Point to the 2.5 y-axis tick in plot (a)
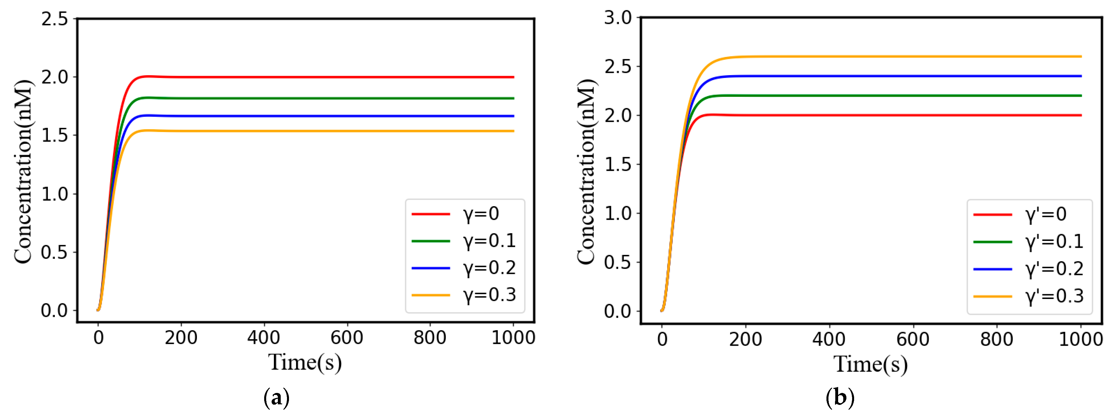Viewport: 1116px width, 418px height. [55, 19]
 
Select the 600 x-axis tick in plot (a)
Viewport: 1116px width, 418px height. [347, 337]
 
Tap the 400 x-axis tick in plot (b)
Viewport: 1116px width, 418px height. [829, 339]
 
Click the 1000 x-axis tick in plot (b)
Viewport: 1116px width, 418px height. [1080, 339]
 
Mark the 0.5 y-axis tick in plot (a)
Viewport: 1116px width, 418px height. [55, 252]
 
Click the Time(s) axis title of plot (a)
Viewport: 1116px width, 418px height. [305, 362]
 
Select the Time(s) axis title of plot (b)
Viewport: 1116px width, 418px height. [870, 364]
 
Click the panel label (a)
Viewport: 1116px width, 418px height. [276, 397]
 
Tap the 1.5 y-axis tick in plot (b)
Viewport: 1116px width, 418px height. [618, 164]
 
